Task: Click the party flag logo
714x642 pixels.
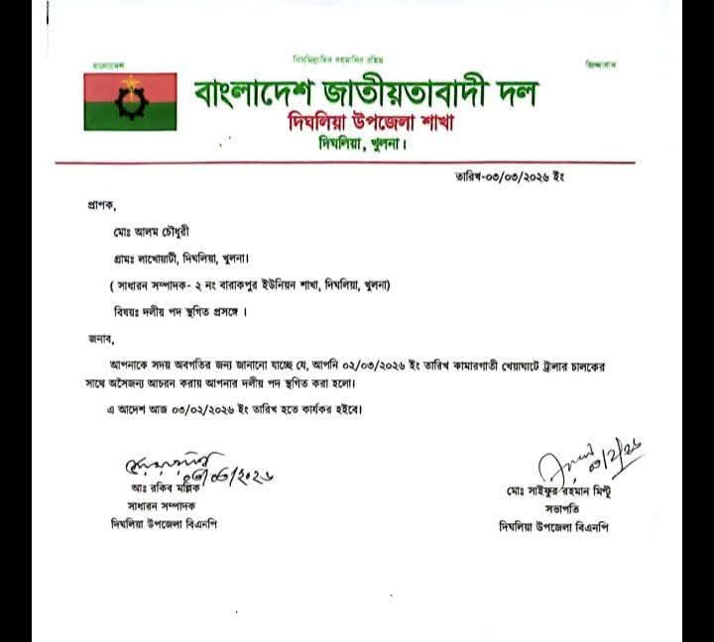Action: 129,100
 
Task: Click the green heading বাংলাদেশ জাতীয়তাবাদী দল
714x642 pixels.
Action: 364,94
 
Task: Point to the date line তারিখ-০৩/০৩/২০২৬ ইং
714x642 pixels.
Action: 503,177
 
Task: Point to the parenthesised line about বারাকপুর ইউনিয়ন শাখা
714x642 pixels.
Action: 249,285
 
